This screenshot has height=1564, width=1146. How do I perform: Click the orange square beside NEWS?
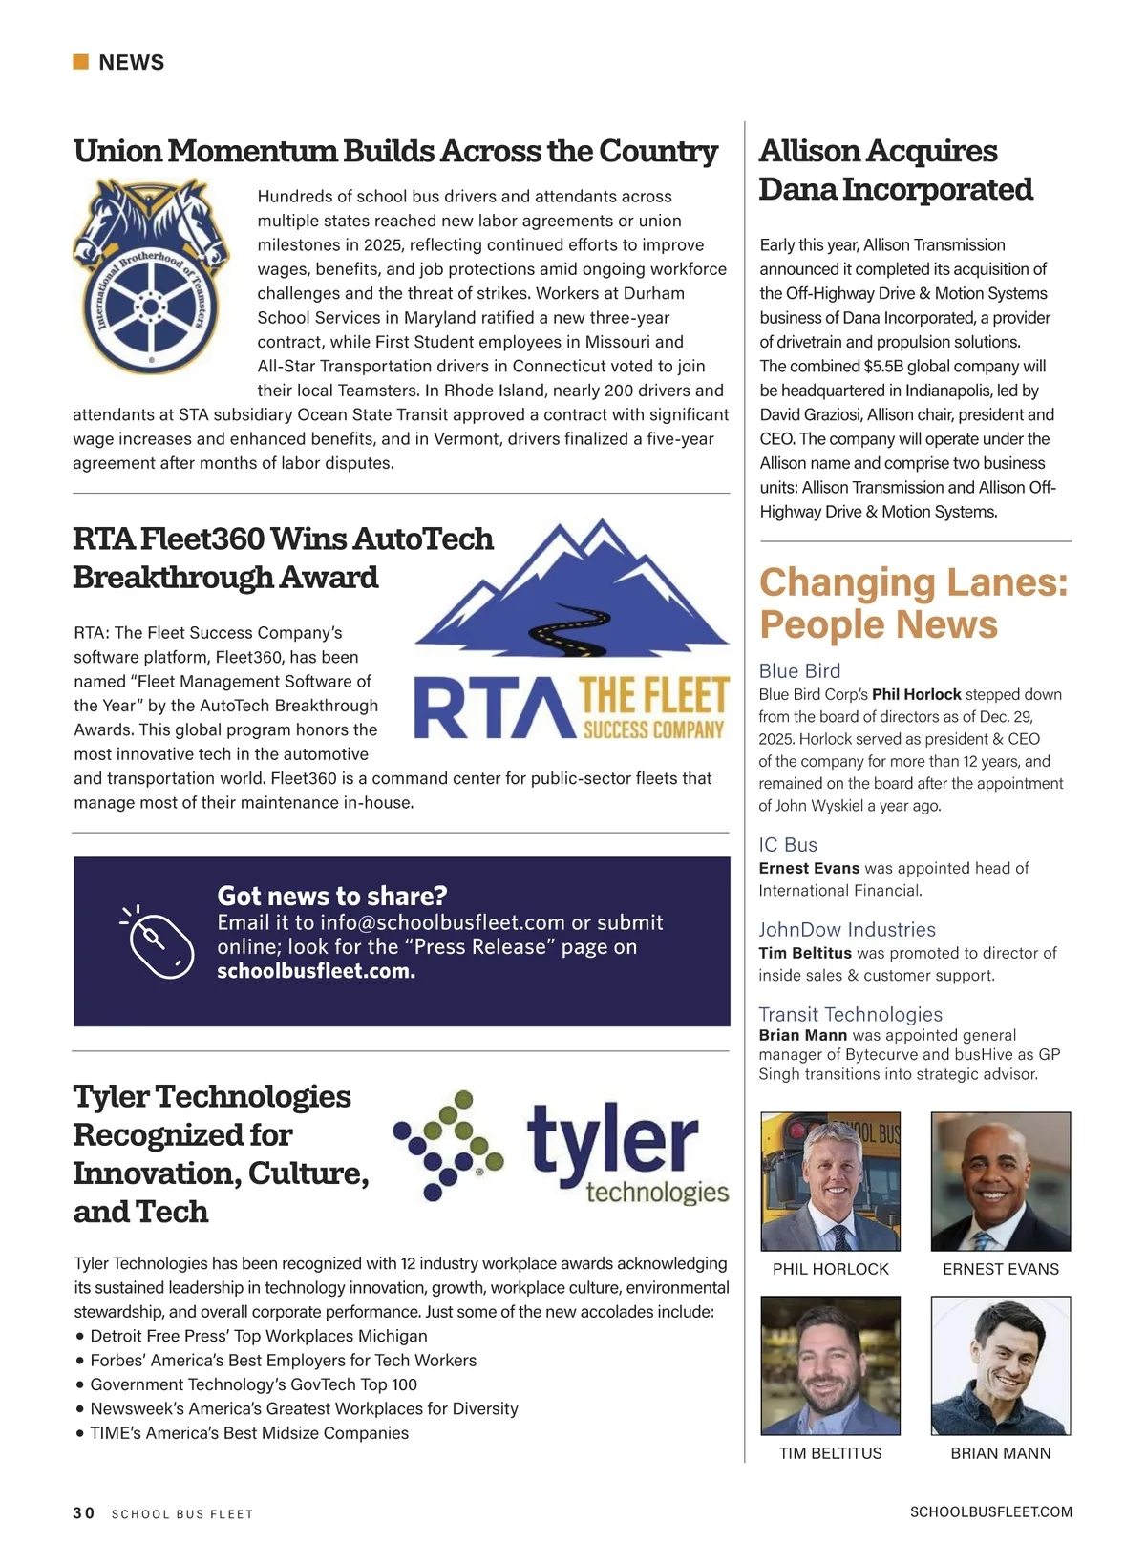coord(81,62)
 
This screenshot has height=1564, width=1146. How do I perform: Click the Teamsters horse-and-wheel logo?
coord(151,277)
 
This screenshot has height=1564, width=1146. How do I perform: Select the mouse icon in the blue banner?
coord(159,941)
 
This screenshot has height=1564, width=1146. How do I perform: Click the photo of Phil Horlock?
coord(830,1181)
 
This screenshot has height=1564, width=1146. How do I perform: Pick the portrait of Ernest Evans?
coord(1000,1181)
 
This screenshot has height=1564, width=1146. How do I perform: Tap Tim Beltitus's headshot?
coord(830,1365)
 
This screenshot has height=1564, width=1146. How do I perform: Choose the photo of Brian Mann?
coord(1000,1365)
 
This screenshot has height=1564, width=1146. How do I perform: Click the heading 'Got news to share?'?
coord(332,896)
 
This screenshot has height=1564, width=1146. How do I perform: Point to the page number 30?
coord(84,1512)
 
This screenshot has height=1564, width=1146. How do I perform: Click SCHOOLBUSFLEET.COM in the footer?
coord(990,1511)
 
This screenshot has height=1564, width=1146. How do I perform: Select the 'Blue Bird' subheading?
coord(799,670)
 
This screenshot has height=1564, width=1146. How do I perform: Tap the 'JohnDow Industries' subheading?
coord(846,929)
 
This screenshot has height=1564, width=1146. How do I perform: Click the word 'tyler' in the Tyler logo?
coord(612,1141)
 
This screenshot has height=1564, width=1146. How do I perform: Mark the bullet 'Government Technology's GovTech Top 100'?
coord(253,1384)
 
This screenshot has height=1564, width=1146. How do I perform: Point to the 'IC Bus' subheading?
coord(788,844)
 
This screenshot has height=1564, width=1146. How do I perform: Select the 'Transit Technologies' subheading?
coord(850,1014)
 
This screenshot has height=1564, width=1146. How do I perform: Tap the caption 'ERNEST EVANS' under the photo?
coord(1000,1269)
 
